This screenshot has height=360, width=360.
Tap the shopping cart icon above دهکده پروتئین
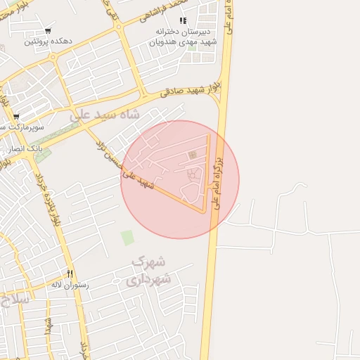[47, 31]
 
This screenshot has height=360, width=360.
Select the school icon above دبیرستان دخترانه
[184, 21]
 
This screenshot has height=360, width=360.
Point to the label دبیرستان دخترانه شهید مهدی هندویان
[185, 37]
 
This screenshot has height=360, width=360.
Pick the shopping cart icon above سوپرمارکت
[15, 117]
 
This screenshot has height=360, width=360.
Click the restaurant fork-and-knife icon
[69, 274]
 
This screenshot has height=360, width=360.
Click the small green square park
[127, 238]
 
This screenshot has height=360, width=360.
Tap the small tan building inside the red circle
[192, 155]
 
